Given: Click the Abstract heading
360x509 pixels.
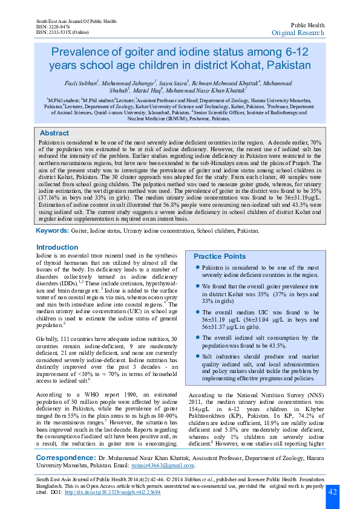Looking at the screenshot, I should tap(54, 133).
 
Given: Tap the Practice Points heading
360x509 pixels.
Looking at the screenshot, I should tap(220, 256).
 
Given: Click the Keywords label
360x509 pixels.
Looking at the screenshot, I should tap(52, 231).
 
